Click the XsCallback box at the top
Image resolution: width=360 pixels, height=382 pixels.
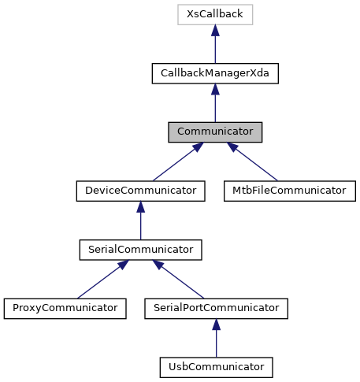[x=215, y=14]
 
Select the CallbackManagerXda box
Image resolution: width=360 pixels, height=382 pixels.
[x=215, y=73]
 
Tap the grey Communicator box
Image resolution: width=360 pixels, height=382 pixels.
[x=215, y=132]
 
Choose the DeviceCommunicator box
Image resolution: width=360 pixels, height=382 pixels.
[x=141, y=191]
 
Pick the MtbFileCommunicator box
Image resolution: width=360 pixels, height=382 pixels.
[x=290, y=191]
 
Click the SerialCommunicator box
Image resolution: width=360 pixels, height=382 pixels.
[x=141, y=250]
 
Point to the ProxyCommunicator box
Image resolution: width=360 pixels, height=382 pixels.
[x=65, y=308]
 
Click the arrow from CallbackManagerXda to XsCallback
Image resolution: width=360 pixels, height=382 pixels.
[x=215, y=46]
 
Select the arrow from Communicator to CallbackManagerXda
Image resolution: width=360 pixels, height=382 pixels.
[x=215, y=105]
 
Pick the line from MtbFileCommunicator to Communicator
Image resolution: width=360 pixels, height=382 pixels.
[x=254, y=162]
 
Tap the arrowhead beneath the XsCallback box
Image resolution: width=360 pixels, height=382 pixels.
[x=215, y=31]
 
